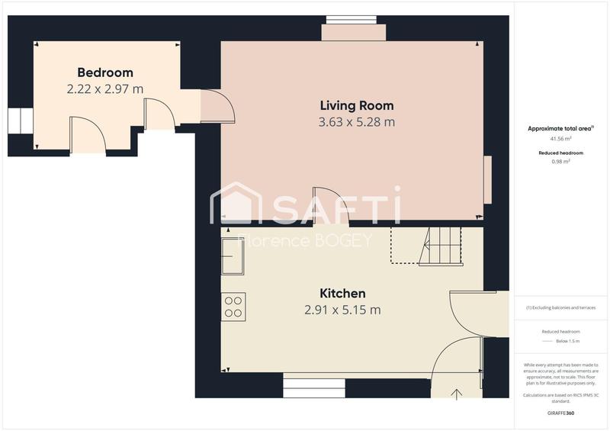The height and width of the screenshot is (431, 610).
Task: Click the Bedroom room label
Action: coord(105,72)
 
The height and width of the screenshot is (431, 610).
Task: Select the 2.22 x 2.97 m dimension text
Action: coord(105,88)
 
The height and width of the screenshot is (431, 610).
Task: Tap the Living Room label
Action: coord(357,105)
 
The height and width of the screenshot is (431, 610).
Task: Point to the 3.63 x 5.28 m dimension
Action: coord(357,121)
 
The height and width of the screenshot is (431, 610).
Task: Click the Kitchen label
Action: coord(342,293)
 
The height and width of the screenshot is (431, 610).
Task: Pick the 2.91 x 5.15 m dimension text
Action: coord(342,310)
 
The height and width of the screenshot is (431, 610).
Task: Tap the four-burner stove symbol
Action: coord(233,307)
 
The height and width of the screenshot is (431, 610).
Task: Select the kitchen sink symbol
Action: coord(233,255)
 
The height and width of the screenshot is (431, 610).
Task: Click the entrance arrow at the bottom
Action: coord(457,394)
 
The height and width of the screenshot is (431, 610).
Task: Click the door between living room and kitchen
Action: coord(331,206)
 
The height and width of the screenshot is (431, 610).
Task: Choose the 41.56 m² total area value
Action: coord(561,140)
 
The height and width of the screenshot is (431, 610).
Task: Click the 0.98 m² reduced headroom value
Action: coord(561,162)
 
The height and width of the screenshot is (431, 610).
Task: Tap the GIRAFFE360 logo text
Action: coord(561,413)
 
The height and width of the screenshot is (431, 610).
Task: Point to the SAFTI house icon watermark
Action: coord(235,204)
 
